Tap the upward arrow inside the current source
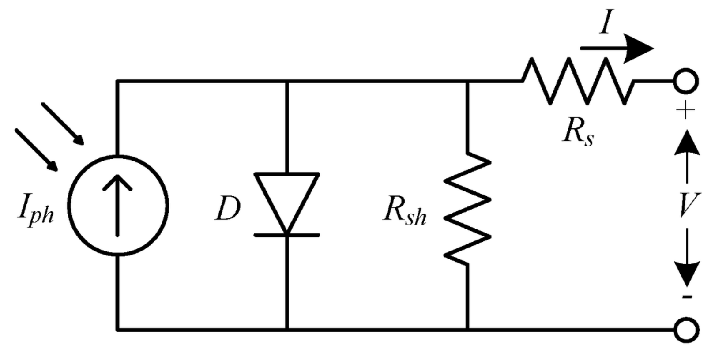pos(117,205)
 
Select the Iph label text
pos(35,210)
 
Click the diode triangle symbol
pos(287,199)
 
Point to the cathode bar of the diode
pos(287,235)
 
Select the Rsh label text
pos(404,211)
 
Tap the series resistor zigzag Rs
pos(578,82)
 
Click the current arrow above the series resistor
pos(618,48)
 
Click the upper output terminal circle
pos(686,82)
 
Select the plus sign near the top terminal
pos(685,110)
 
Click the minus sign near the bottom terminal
pos(687,297)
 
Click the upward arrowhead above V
pos(687,143)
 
